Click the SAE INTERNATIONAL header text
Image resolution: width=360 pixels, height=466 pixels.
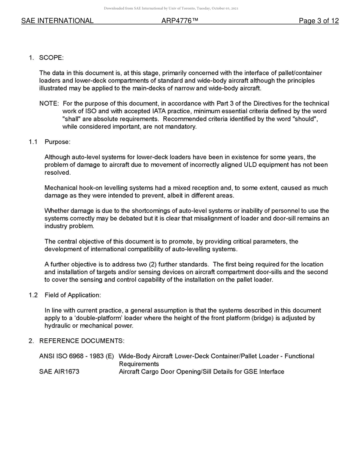57,21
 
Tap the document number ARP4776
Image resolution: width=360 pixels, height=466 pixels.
180,21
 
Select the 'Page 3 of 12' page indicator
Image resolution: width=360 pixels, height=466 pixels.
318,21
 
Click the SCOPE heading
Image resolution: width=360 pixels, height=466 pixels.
51,58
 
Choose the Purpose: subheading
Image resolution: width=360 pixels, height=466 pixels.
57,142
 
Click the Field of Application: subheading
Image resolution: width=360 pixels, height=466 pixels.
73,295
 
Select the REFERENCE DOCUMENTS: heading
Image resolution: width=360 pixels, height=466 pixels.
81,341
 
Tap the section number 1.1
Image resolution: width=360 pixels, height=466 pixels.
33,142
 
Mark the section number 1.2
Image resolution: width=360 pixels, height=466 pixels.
33,295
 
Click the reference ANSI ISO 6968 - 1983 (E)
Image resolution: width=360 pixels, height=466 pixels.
76,356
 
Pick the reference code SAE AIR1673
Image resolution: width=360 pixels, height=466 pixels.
59,372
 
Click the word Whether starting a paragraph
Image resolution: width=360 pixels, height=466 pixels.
56,211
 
